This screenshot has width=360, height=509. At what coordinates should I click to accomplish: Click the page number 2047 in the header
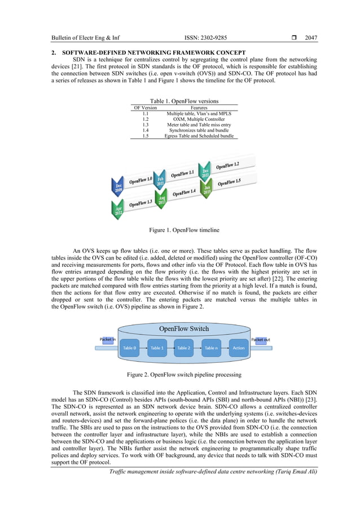pyautogui.click(x=310, y=38)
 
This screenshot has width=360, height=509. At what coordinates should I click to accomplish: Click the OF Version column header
pyautogui.click(x=145, y=107)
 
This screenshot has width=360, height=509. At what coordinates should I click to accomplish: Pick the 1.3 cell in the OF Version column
pyautogui.click(x=145, y=124)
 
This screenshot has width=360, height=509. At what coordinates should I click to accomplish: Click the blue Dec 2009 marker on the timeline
pyautogui.click(x=118, y=188)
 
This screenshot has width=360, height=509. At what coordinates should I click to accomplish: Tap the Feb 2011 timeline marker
pyautogui.click(x=160, y=182)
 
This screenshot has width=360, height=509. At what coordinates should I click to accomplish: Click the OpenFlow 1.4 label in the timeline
pyautogui.click(x=185, y=192)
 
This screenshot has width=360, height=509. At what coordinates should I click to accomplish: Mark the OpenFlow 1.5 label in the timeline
pyautogui.click(x=229, y=182)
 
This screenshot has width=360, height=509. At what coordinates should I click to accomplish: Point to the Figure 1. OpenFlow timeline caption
pyautogui.click(x=180, y=230)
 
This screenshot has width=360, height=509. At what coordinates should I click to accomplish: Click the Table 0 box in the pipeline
pyautogui.click(x=129, y=348)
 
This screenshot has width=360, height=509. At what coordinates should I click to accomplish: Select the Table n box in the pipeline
pyautogui.click(x=211, y=348)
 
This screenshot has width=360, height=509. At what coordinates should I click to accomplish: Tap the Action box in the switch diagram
pyautogui.click(x=238, y=348)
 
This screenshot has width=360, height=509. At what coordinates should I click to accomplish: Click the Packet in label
pyautogui.click(x=107, y=339)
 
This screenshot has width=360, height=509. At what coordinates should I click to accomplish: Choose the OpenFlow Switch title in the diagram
pyautogui.click(x=184, y=328)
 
